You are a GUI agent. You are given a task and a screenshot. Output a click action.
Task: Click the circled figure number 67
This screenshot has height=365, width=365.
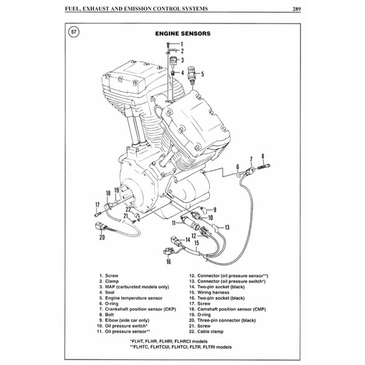pyautogui.click(x=74, y=32)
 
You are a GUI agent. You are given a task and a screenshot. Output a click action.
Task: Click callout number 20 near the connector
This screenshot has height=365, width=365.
pyautogui.click(x=102, y=236)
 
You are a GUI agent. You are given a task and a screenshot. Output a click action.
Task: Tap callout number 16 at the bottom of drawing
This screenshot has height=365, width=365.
pyautogui.click(x=168, y=262)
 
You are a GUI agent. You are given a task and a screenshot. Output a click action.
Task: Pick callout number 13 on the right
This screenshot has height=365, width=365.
pyautogui.click(x=227, y=227)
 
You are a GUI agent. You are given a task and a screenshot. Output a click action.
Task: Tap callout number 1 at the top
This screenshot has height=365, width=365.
pyautogui.click(x=182, y=43)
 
